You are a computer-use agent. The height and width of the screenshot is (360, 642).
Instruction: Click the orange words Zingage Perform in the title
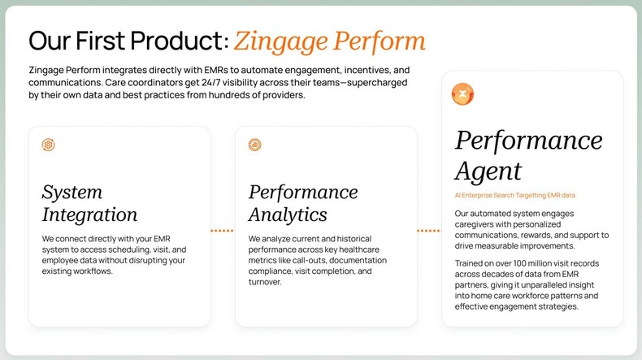pos(329,41)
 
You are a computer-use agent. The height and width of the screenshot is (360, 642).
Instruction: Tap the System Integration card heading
pos(89,203)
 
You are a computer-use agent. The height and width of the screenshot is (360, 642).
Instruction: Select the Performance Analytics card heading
pos(302,203)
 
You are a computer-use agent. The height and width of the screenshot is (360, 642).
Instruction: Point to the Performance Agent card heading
pos(528,155)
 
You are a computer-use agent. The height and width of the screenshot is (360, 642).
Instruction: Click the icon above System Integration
pos(49,145)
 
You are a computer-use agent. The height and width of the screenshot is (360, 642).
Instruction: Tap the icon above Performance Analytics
pos(255,145)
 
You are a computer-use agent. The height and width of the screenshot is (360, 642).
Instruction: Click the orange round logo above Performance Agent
pos(462,94)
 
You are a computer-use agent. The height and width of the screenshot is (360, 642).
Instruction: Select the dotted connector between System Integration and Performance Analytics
pos(222,231)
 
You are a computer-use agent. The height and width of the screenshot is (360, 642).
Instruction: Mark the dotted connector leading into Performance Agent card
pos(428,231)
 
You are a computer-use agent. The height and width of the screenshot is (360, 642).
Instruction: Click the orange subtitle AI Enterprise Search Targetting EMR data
pos(514,196)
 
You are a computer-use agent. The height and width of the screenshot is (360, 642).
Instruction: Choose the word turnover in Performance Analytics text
pos(264,282)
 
